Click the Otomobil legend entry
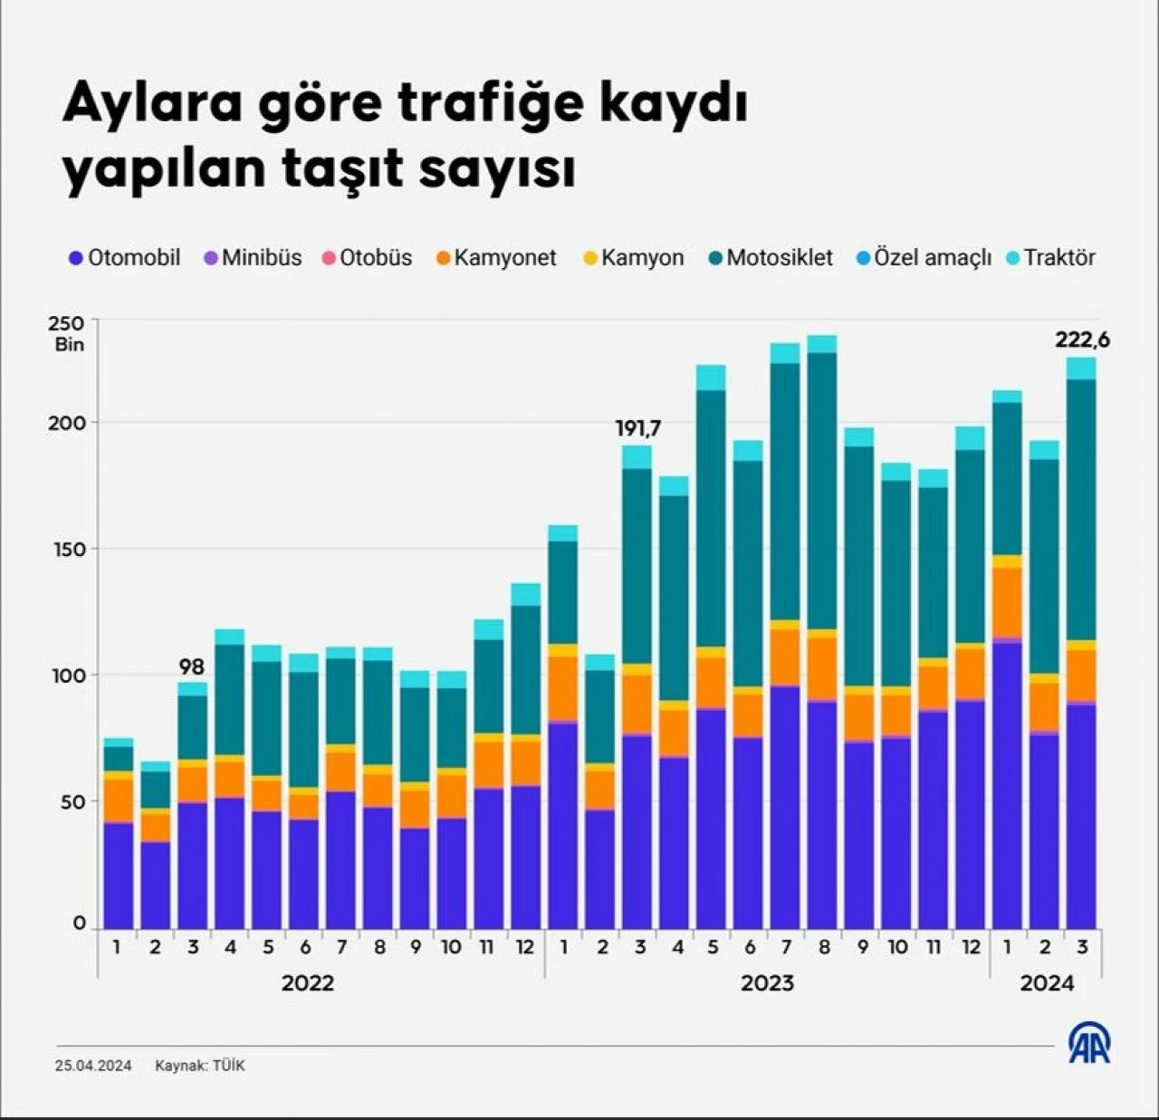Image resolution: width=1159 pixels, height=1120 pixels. [125, 258]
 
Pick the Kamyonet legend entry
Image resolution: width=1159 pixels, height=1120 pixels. [496, 258]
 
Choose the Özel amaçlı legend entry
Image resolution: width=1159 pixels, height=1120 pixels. [924, 258]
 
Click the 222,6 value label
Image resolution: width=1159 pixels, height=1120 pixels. [1082, 340]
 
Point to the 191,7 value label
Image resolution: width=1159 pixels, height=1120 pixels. [638, 428]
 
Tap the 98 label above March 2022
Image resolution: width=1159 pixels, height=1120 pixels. [192, 667]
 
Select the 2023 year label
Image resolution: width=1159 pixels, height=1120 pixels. [767, 983]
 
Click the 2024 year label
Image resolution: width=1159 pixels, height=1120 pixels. [1047, 983]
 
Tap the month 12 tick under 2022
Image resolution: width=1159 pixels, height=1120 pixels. [525, 948]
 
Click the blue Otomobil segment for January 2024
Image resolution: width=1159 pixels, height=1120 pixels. [1007, 783]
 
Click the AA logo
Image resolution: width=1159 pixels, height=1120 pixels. [1089, 1044]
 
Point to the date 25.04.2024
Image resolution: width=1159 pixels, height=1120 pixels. [93, 1066]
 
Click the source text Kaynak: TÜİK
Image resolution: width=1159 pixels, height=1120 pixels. [200, 1066]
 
